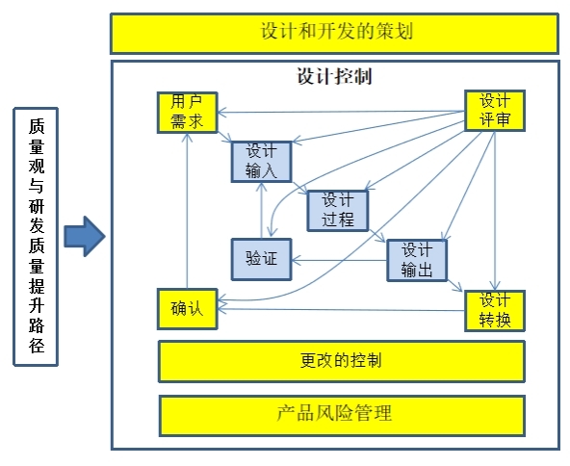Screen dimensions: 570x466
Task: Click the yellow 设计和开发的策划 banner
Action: click(x=334, y=34)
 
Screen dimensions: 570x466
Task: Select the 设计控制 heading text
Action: click(x=334, y=76)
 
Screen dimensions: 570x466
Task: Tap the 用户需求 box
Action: click(x=187, y=113)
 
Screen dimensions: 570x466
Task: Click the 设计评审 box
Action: click(x=495, y=111)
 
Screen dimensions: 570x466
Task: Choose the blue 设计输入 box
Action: click(x=261, y=162)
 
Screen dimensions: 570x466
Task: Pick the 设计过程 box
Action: click(x=338, y=211)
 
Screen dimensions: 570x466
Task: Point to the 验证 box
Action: click(x=261, y=259)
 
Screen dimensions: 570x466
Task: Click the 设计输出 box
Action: click(x=417, y=260)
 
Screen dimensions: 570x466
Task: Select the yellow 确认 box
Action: click(x=187, y=309)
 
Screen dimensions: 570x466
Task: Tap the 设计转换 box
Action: click(x=495, y=311)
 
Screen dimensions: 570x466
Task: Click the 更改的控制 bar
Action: click(x=342, y=361)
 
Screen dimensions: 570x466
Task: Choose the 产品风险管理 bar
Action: click(x=342, y=416)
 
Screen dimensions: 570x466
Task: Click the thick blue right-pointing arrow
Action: click(x=85, y=236)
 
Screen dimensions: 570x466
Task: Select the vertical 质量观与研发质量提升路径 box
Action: click(x=36, y=237)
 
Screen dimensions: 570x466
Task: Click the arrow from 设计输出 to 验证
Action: click(x=339, y=260)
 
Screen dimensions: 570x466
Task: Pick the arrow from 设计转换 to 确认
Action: click(x=341, y=310)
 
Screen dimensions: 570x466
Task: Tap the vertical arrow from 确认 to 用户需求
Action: click(x=187, y=211)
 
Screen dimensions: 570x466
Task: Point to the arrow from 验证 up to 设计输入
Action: click(x=261, y=210)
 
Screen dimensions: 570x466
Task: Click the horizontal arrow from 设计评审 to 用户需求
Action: click(x=341, y=112)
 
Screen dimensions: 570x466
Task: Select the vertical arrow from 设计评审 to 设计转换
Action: click(x=495, y=211)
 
